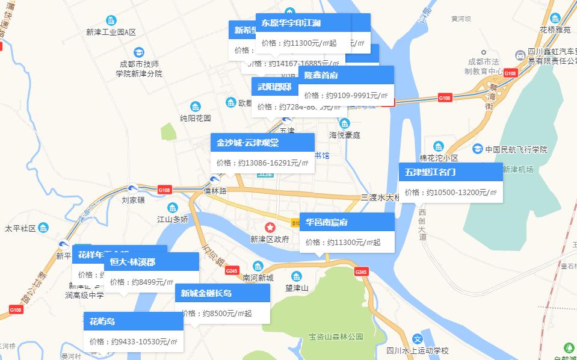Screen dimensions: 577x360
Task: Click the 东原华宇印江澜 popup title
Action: pyautogui.click(x=291, y=23)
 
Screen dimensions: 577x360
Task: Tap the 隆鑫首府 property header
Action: pyautogui.click(x=321, y=75)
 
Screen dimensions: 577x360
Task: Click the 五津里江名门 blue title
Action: pyautogui.click(x=430, y=172)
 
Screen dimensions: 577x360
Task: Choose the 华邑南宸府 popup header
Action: pyautogui.click(x=327, y=222)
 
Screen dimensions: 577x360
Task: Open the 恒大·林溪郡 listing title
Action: pyautogui.click(x=129, y=262)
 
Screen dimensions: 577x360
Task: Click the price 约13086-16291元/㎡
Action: pyautogui.click(x=262, y=163)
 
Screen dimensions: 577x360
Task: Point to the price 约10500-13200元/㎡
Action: pyautogui.click(x=451, y=192)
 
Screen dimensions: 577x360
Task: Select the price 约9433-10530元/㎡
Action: pyautogui.click(x=133, y=341)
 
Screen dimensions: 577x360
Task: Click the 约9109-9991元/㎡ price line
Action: pyautogui.click(x=346, y=95)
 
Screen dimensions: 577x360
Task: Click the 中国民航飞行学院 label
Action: pyautogui.click(x=516, y=149)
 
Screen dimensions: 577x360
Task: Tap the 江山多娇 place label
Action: pyautogui.click(x=173, y=219)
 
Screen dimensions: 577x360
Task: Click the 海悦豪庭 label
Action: pyautogui.click(x=344, y=135)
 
